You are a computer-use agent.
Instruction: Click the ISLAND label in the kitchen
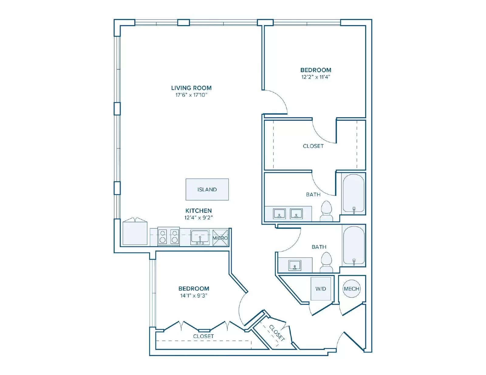207,189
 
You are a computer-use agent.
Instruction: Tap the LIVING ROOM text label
191,88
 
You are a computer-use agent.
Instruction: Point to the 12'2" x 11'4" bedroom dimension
316,77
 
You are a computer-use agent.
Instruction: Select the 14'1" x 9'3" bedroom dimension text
194,296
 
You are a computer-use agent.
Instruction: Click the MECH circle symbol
351,289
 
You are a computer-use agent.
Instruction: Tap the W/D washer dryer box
320,289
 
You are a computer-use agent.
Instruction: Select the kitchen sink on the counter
200,237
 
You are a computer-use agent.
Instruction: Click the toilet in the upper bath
327,211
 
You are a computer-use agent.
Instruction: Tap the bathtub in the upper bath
354,194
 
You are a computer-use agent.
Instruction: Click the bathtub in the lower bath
354,245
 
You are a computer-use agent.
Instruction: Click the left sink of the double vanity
279,213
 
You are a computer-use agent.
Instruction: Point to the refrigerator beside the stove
135,233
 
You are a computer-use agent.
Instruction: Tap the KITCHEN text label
198,210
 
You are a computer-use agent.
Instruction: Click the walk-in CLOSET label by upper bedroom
313,146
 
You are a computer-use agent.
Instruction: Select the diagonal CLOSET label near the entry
277,333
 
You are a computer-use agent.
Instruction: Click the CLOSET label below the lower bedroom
203,336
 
